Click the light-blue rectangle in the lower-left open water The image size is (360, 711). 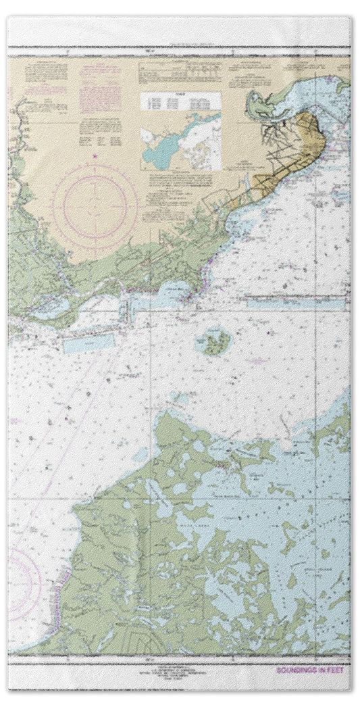(88, 343)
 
